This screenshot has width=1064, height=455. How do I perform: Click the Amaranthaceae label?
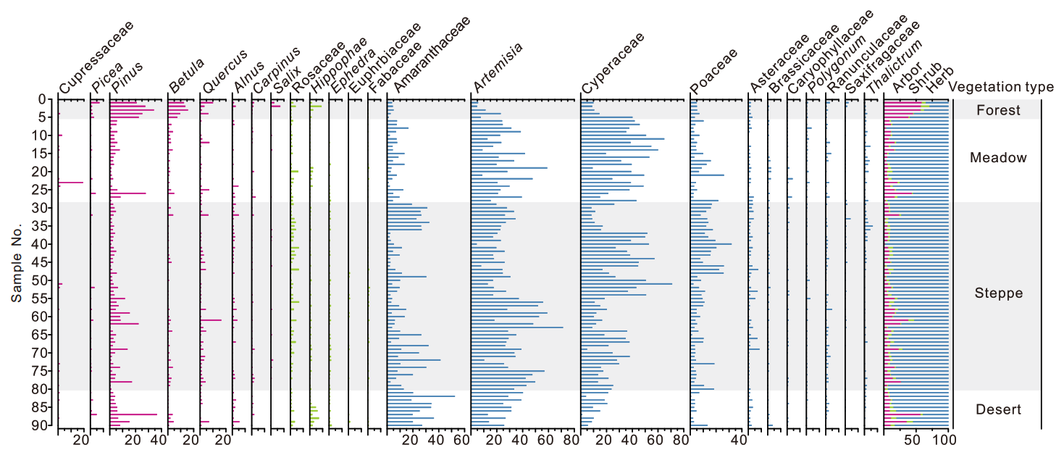[431, 55]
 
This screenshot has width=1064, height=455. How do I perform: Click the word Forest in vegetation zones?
[998, 110]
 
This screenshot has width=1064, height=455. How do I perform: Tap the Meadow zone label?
[998, 158]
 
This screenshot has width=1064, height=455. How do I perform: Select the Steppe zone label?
[998, 293]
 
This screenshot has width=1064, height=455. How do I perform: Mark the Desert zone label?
[998, 410]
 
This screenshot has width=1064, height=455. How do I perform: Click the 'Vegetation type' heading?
[1001, 87]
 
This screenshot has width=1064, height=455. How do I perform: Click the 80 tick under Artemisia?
[570, 441]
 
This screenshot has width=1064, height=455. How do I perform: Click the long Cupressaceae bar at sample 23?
[70, 183]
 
